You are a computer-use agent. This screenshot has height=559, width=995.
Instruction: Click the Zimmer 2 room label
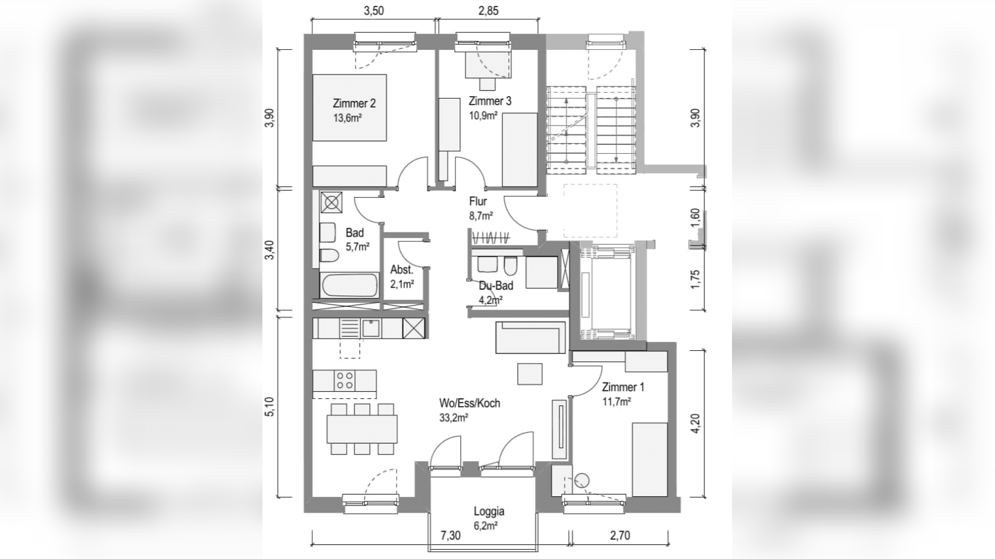(x=354, y=103)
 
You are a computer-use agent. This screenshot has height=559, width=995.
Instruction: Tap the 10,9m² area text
(x=483, y=116)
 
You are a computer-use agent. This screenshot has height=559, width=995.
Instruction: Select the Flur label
(x=478, y=202)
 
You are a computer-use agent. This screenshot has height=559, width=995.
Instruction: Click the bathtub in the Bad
(x=350, y=285)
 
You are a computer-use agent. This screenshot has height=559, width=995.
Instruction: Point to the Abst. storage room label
(x=402, y=269)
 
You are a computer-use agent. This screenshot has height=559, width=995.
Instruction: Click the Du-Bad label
(x=495, y=286)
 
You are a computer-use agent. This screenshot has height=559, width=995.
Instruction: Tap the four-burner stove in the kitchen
(x=345, y=381)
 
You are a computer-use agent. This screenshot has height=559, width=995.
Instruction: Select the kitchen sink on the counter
(x=371, y=328)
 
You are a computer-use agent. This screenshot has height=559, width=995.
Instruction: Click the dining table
(x=362, y=429)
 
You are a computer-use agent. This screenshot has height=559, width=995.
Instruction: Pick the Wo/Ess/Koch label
(x=470, y=403)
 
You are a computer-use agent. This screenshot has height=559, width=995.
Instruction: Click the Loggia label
(x=489, y=511)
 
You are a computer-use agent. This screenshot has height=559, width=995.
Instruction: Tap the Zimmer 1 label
(x=623, y=387)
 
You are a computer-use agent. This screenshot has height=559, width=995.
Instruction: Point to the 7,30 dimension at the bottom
(x=450, y=536)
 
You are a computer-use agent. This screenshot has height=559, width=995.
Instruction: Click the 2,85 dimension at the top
(x=488, y=11)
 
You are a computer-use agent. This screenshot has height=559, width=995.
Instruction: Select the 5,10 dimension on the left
(x=269, y=406)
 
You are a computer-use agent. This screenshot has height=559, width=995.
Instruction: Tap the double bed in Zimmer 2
(x=350, y=107)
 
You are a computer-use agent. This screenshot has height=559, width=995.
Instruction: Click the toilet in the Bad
(x=329, y=256)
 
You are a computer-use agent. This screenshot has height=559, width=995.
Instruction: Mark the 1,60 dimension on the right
(x=695, y=217)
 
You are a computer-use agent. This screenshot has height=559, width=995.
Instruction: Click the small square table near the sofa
(x=530, y=374)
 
